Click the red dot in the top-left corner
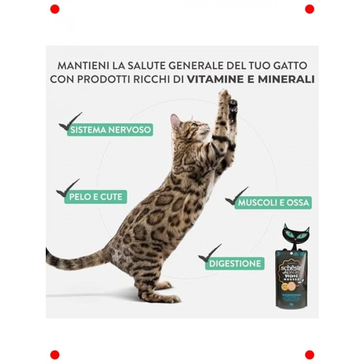55,9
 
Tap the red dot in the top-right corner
309,9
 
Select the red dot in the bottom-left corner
55,355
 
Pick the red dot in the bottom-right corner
309,355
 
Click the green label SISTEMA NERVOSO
111,129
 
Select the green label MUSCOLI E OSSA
274,202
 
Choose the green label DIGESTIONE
235,263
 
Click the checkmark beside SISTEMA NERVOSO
70,122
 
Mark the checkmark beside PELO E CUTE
68,188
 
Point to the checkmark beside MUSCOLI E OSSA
236,196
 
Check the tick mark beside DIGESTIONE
209,253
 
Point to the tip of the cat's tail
48,253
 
